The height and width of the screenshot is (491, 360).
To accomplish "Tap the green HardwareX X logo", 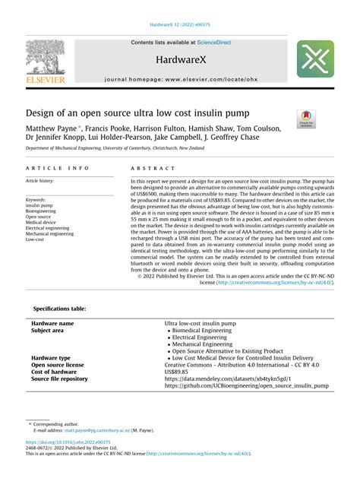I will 314,59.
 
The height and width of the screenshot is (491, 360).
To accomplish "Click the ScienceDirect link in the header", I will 215,43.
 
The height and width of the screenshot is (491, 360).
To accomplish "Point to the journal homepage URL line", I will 180,78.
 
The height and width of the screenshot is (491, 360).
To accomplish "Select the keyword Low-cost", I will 36,239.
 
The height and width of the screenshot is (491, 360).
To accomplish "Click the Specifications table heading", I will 60,309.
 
